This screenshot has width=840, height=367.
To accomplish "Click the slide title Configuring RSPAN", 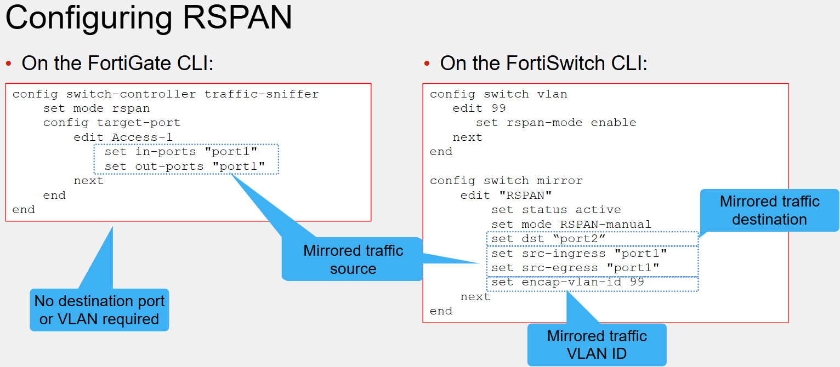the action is (149, 18).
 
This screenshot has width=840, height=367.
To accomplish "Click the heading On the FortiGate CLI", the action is (117, 63).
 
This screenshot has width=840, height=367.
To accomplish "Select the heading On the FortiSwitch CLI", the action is (544, 63).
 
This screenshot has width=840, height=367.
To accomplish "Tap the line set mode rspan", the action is (97, 108).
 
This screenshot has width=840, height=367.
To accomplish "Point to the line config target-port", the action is (112, 123).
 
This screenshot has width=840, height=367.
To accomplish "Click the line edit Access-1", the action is (123, 137).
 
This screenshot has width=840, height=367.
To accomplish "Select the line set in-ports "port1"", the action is (181, 152).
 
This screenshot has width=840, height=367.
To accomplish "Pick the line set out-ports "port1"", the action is (184, 167).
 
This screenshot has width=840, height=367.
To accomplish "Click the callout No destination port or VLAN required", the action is (99, 309).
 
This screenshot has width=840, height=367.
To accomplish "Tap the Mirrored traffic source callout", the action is (353, 259).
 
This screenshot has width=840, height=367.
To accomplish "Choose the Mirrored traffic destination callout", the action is (769, 210).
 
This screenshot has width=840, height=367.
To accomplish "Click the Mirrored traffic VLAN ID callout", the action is (597, 345).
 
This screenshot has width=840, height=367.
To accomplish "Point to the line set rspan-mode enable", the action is (556, 123).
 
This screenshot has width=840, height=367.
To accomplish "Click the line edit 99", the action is (479, 108).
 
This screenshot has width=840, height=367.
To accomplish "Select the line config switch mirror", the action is (506, 181).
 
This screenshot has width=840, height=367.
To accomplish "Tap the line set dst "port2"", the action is (548, 239).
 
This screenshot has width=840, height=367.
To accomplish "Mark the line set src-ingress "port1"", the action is (579, 254).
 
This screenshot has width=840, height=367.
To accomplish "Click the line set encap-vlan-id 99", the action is (567, 282).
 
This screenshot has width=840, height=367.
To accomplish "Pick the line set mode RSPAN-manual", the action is (571, 225).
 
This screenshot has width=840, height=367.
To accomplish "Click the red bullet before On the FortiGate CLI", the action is (9, 64).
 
